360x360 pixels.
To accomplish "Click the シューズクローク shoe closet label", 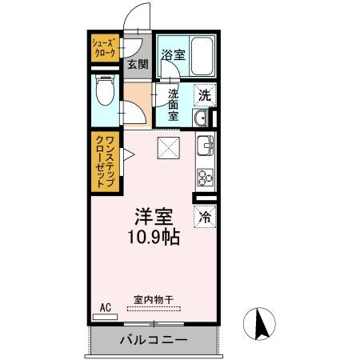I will tap(104, 48).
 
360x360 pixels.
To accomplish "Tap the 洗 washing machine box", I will tap(206, 93).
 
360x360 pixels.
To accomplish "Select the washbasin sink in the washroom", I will tap(200, 120).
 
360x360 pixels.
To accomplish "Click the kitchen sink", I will tap(206, 147).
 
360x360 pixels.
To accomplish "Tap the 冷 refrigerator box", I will tap(205, 215).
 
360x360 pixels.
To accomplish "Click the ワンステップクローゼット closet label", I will tap(104, 163).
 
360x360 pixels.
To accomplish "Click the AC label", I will tap(106, 306).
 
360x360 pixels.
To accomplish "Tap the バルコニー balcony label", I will tap(154, 340).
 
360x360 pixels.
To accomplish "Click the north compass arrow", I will tap(260, 324).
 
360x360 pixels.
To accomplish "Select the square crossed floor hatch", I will tap(168, 147).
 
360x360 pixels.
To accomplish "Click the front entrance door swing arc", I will tap(138, 18).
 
